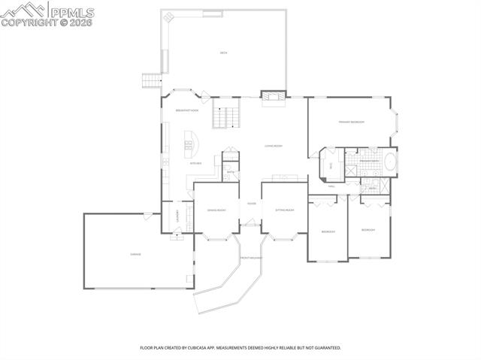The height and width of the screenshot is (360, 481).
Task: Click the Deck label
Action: (x=223, y=53)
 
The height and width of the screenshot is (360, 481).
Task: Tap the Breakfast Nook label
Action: (x=186, y=110)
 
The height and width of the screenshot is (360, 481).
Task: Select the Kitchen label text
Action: (x=195, y=163)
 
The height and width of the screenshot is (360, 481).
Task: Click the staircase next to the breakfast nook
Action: (x=225, y=116)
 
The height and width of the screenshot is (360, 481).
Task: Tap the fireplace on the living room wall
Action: (x=273, y=95)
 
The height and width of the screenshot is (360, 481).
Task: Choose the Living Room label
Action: (x=273, y=146)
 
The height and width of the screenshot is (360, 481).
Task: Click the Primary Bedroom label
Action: (x=351, y=122)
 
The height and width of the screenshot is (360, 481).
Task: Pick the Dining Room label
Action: (x=216, y=210)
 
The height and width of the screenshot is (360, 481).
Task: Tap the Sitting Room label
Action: (x=284, y=210)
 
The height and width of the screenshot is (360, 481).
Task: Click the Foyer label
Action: (x=251, y=203)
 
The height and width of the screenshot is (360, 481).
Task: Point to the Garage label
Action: (x=135, y=254)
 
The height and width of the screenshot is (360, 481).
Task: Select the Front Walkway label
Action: (x=250, y=258)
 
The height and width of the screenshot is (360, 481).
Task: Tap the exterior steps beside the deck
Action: (x=153, y=80)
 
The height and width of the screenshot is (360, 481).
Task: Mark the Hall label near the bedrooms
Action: (x=331, y=186)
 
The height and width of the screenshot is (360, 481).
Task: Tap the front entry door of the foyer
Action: (x=250, y=222)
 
